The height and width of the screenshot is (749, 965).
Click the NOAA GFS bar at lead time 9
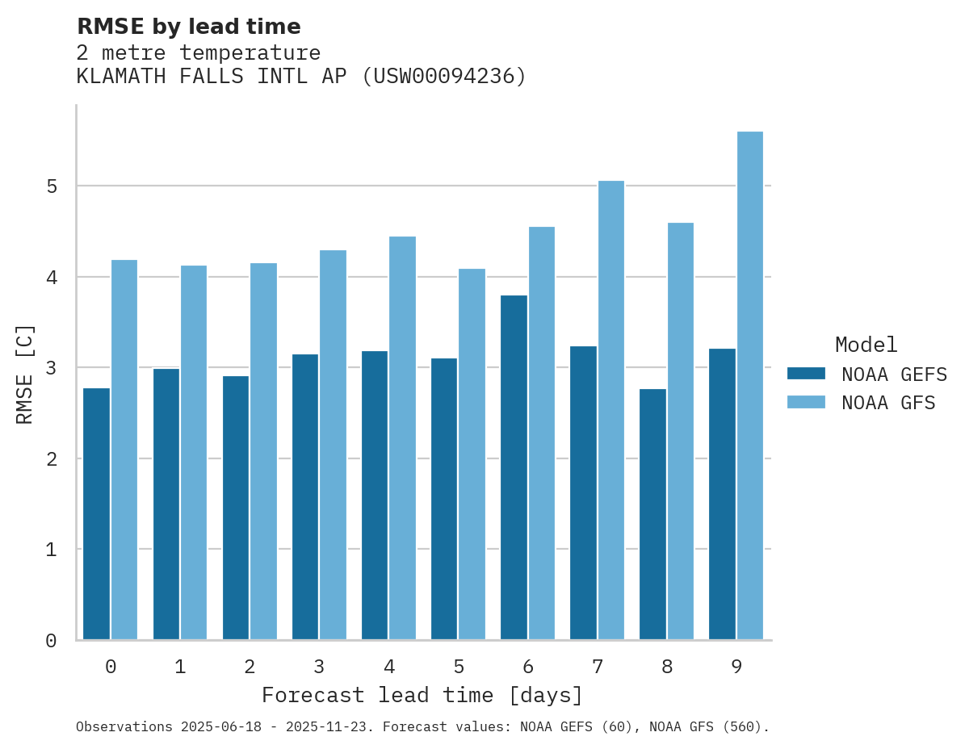click(x=750, y=386)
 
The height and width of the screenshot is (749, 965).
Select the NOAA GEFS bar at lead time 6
click(x=514, y=468)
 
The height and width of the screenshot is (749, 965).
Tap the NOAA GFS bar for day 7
click(x=611, y=410)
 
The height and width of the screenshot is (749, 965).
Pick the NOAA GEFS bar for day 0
click(x=96, y=514)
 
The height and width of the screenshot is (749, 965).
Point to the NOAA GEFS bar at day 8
click(x=652, y=514)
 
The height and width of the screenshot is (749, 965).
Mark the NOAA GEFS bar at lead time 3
click(x=305, y=497)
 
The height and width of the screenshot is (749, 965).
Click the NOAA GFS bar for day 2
click(x=264, y=451)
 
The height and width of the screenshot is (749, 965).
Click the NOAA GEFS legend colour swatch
click(x=806, y=374)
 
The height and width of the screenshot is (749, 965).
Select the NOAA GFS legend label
click(x=888, y=403)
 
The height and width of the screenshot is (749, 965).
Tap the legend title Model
click(x=866, y=345)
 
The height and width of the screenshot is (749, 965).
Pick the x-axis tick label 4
click(x=389, y=667)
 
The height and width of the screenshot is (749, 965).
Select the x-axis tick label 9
click(x=736, y=667)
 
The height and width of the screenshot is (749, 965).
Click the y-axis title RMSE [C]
click(x=25, y=374)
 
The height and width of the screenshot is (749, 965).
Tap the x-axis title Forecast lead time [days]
click(x=422, y=696)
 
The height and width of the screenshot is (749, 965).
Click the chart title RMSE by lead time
click(x=188, y=27)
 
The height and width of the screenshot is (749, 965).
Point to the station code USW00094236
click(x=443, y=77)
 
